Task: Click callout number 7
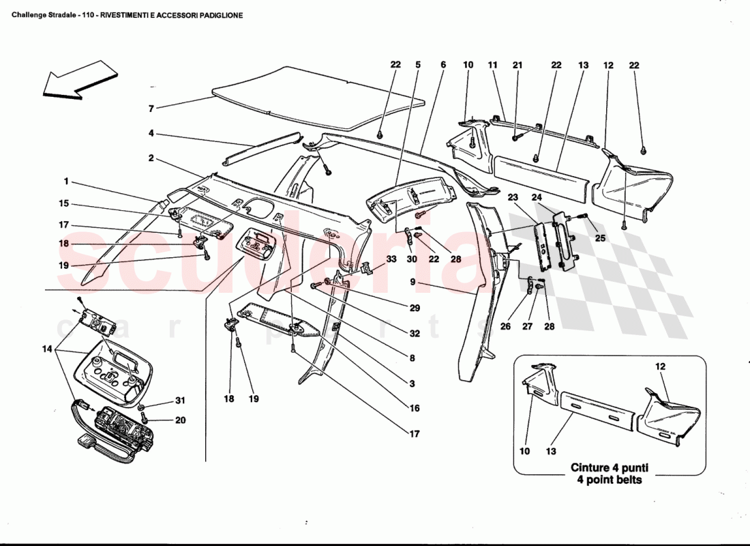(x=151, y=109)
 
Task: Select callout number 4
(x=151, y=134)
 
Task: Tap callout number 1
(x=66, y=182)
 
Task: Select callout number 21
(x=517, y=65)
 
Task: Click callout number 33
(x=391, y=259)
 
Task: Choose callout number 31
(x=180, y=401)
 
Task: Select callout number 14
(x=46, y=349)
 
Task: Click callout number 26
(x=505, y=326)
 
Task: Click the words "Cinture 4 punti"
(x=609, y=468)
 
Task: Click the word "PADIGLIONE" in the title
(x=220, y=14)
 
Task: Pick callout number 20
(x=180, y=420)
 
